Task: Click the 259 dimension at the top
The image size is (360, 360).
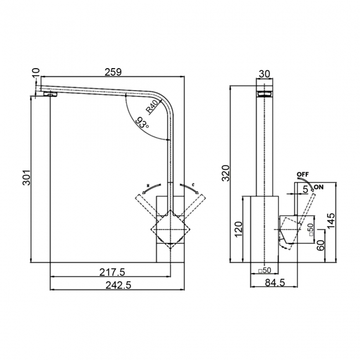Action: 113,71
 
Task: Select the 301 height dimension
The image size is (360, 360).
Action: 23,177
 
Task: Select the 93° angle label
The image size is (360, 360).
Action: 142,124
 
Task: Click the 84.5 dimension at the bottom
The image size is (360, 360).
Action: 275,284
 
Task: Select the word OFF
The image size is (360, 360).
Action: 302,174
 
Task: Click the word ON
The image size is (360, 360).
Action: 320,187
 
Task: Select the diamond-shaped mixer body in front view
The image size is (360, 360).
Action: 170,228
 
